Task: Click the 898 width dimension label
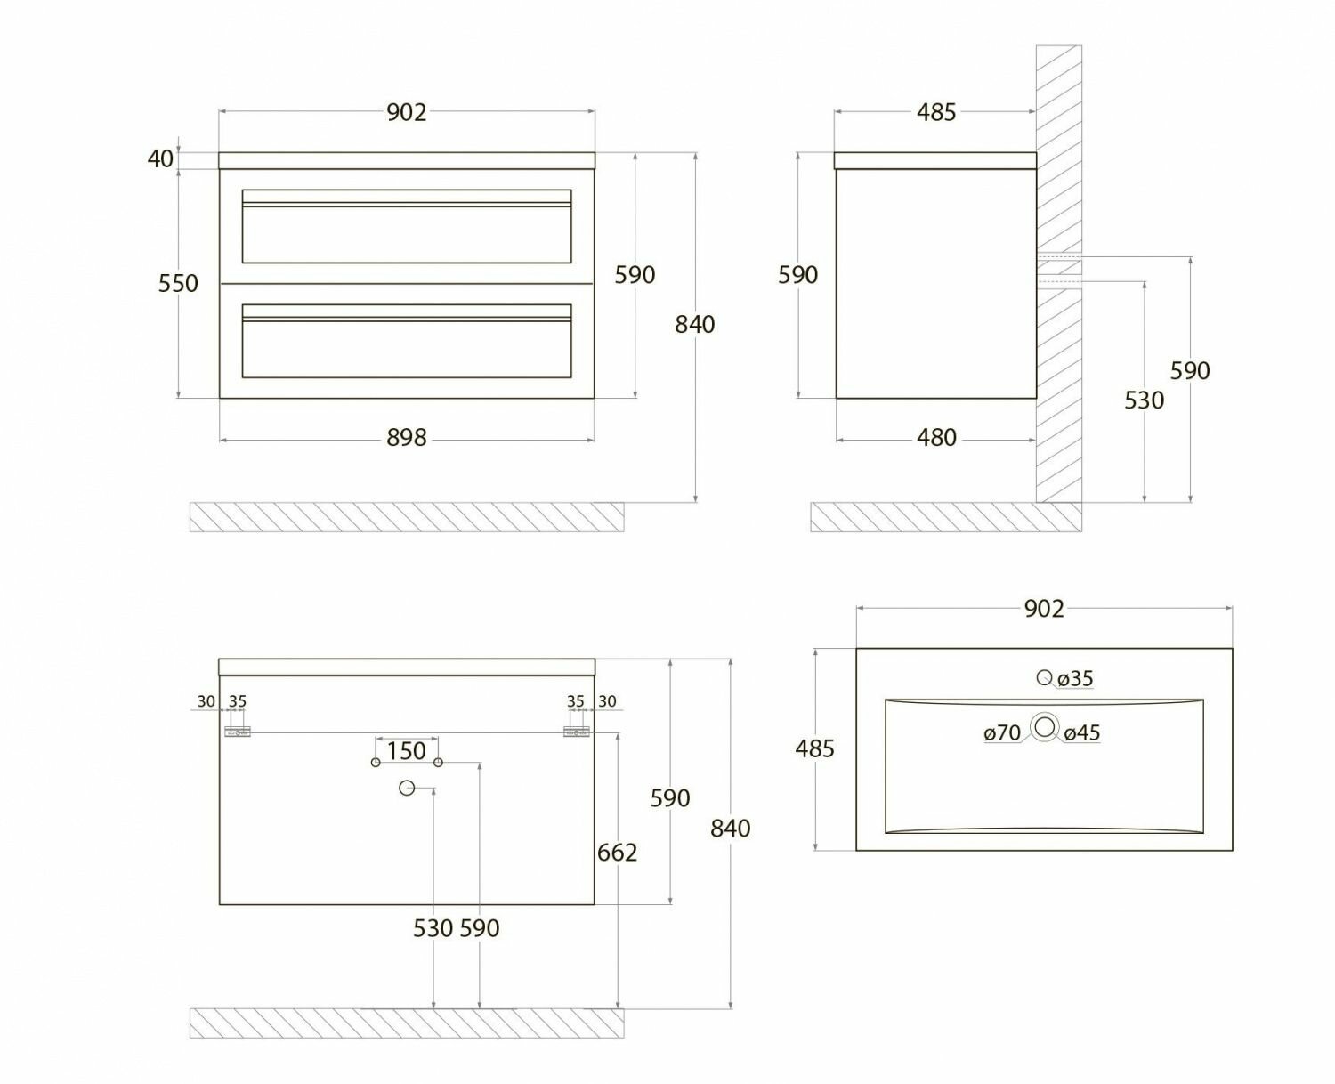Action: pyautogui.click(x=407, y=438)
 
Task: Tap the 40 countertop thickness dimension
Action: pyautogui.click(x=160, y=159)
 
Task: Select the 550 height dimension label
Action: pyautogui.click(x=178, y=284)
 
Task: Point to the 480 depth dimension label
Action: pyautogui.click(x=936, y=438)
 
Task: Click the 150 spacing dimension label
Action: pyautogui.click(x=407, y=751)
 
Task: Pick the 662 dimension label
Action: pyautogui.click(x=617, y=853)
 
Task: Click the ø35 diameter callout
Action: pyautogui.click(x=1075, y=679)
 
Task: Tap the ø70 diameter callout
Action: pyautogui.click(x=1002, y=733)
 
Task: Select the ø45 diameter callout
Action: pyautogui.click(x=1081, y=733)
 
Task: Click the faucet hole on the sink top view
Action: pyautogui.click(x=1044, y=678)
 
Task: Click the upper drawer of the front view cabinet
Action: pyautogui.click(x=407, y=227)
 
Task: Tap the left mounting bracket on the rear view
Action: pyautogui.click(x=237, y=732)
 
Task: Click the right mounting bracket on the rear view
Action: pyautogui.click(x=577, y=732)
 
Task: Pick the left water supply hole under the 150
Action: pyautogui.click(x=376, y=763)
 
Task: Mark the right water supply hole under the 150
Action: pyautogui.click(x=438, y=763)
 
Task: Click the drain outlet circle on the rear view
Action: pyautogui.click(x=407, y=788)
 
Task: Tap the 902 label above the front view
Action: pyautogui.click(x=407, y=112)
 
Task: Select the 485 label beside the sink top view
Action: pyautogui.click(x=814, y=749)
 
